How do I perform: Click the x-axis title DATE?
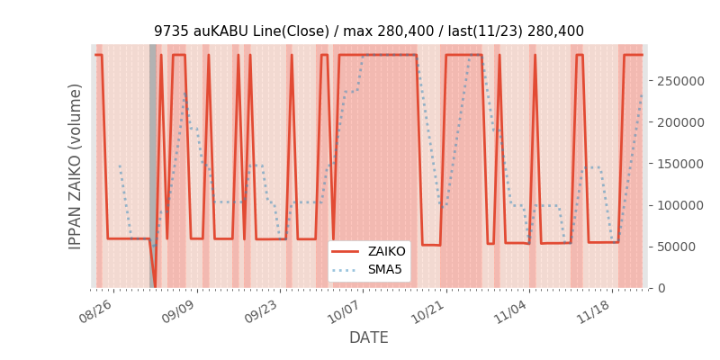coord(369,338)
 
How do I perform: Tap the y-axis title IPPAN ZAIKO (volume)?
coord(76,166)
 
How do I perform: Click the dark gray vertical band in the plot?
coord(153,166)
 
